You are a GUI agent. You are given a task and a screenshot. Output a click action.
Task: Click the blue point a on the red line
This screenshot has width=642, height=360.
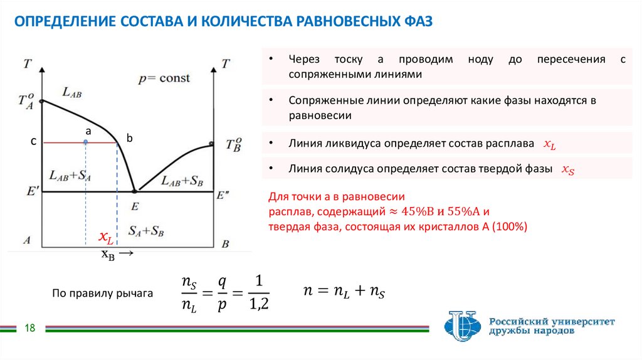[x=85, y=143]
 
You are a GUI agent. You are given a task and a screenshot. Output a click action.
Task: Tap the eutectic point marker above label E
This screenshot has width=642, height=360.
[x=134, y=191]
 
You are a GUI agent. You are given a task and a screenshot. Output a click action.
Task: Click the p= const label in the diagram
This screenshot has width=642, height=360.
[x=164, y=79]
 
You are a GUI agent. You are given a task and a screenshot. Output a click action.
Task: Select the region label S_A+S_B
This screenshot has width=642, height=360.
[x=145, y=230]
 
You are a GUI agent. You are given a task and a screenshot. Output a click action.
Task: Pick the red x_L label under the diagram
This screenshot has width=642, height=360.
[x=105, y=238]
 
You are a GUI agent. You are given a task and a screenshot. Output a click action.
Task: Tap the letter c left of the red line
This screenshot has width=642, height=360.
[x=34, y=142]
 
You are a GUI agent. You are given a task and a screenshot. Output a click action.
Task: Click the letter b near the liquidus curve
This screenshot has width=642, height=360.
[x=130, y=138]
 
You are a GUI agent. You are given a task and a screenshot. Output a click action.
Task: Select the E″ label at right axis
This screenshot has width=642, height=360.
[x=223, y=196]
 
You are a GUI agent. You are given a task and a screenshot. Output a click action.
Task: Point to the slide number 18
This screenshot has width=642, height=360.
[x=29, y=328]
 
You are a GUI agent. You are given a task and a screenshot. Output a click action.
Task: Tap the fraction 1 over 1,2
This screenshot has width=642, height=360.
[x=258, y=293]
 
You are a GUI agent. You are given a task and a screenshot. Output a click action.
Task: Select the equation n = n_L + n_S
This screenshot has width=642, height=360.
[x=344, y=291]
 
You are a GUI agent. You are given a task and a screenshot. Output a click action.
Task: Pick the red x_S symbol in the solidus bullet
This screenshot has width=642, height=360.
[x=567, y=169]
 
